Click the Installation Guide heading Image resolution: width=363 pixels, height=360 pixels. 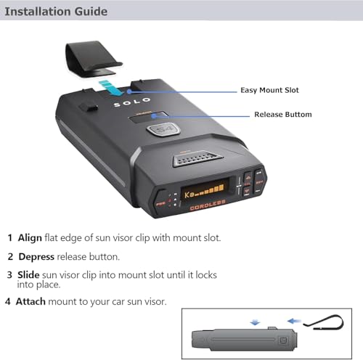pyautogui.click(x=56, y=12)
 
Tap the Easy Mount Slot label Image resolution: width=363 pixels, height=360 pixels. pyautogui.click(x=269, y=90)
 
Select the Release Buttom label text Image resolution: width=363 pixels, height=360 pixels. pyautogui.click(x=283, y=115)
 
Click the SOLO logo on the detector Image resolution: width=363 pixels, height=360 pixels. pyautogui.click(x=132, y=102)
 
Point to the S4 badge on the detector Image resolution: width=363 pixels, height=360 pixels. pyautogui.click(x=163, y=130)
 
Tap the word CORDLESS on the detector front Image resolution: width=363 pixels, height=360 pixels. pyautogui.click(x=208, y=205)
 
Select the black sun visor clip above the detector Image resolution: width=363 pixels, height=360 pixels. pyautogui.click(x=94, y=60)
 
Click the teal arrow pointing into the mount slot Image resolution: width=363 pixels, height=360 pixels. pyautogui.click(x=111, y=88)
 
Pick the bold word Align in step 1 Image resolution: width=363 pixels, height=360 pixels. pyautogui.click(x=30, y=238)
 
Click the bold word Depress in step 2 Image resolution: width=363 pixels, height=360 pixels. pyautogui.click(x=36, y=257)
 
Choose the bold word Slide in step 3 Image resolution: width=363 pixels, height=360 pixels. pyautogui.click(x=28, y=275)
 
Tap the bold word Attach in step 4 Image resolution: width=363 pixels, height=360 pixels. pyautogui.click(x=30, y=302)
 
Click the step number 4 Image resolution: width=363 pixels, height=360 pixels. pyautogui.click(x=8, y=302)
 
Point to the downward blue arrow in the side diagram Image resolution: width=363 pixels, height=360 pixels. pyautogui.click(x=255, y=322)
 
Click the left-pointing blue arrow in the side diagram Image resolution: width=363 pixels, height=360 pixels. pyautogui.click(x=294, y=322)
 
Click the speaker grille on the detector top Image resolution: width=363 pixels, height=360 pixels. pyautogui.click(x=197, y=158)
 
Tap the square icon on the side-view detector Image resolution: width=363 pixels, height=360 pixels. pyautogui.click(x=282, y=340)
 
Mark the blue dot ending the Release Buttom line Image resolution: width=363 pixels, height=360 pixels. pyautogui.click(x=154, y=116)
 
